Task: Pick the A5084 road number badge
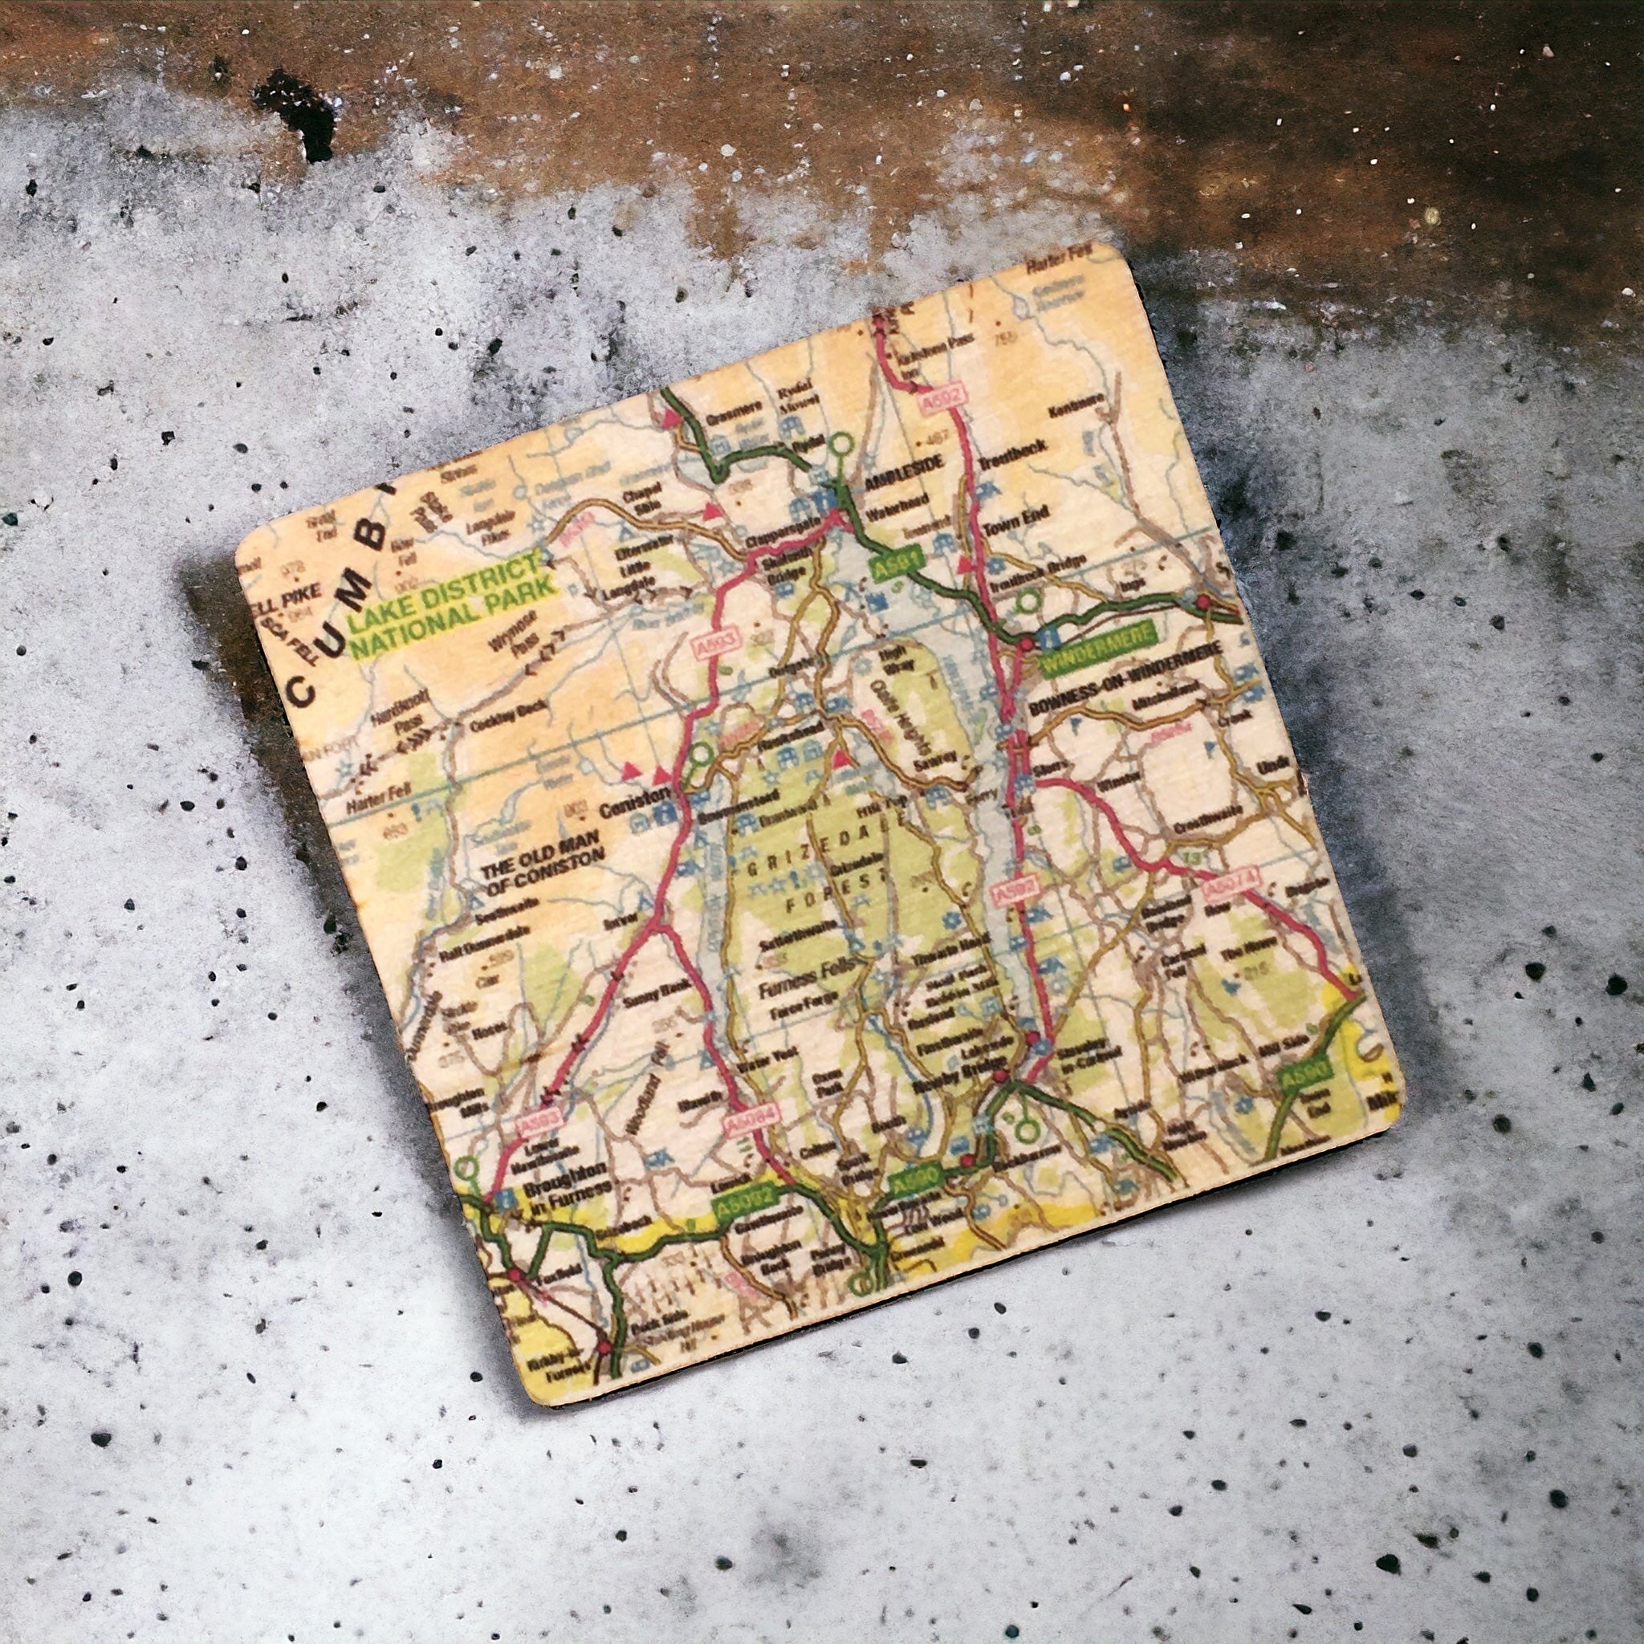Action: (x=751, y=1117)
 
